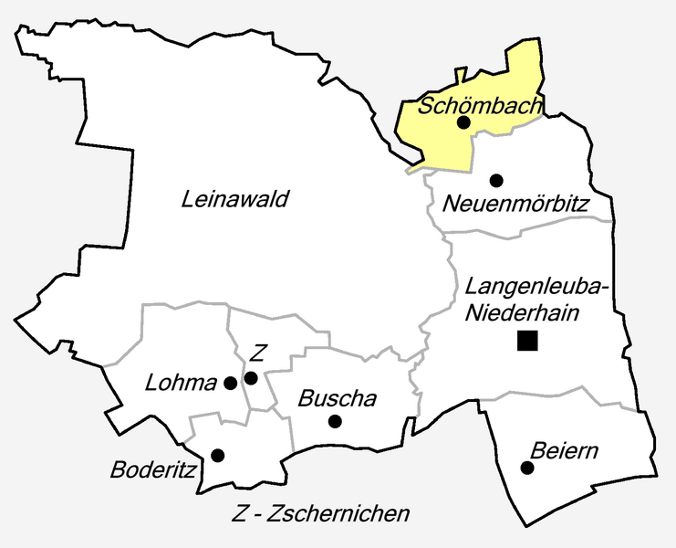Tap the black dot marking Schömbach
click(x=463, y=122)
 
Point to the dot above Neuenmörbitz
click(x=495, y=180)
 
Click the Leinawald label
click(x=235, y=199)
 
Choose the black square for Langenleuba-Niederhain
click(x=526, y=342)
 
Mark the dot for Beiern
click(x=526, y=468)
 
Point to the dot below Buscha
click(x=335, y=421)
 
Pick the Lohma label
click(x=181, y=383)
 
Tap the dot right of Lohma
click(x=231, y=383)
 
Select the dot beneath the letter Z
click(x=252, y=376)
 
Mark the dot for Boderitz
click(x=217, y=455)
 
